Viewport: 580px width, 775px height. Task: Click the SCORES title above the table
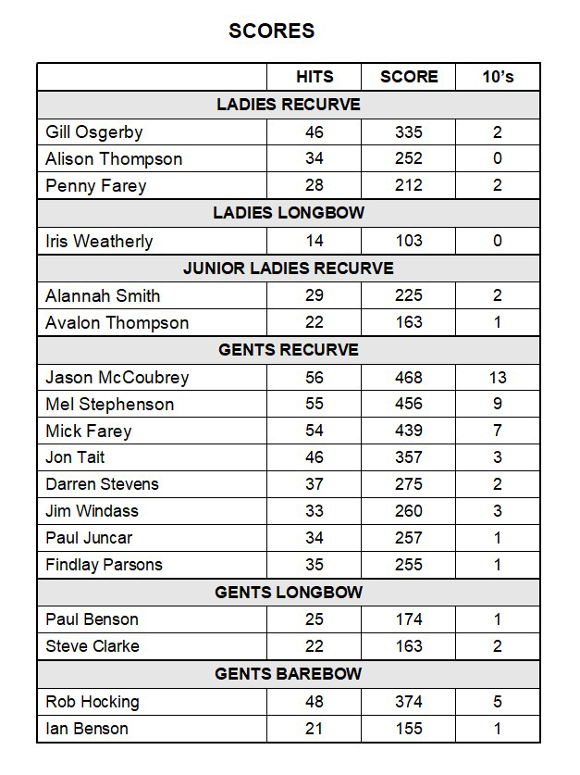pos(271,31)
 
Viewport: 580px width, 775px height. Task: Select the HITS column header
pos(315,77)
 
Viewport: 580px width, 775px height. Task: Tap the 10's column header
pos(498,77)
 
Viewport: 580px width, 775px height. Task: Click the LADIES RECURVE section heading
pos(289,105)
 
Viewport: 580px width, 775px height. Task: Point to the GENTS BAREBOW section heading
pos(289,674)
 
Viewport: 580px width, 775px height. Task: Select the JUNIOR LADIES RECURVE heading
pos(289,269)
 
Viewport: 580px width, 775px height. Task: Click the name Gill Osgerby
pos(94,132)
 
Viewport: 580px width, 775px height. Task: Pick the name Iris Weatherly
pos(99,241)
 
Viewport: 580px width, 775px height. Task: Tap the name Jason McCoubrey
pos(117,377)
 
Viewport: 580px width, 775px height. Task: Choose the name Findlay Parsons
pos(104,565)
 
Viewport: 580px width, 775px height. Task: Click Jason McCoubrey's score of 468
pos(408,377)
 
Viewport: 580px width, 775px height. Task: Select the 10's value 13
pos(498,377)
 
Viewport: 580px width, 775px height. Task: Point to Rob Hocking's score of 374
pos(408,702)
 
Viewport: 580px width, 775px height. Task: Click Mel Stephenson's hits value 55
pos(315,404)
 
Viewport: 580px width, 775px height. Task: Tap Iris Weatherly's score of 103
pos(408,241)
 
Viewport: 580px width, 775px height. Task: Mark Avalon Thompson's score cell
pos(408,323)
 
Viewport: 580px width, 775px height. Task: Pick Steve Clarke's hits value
pos(315,646)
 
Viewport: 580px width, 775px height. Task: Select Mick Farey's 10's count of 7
pos(498,431)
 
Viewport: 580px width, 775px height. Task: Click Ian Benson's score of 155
pos(408,729)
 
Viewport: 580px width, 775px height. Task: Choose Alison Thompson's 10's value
pos(498,159)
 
